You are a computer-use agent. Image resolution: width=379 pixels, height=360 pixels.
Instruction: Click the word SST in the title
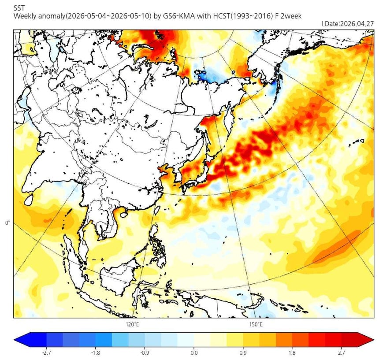(x=19, y=8)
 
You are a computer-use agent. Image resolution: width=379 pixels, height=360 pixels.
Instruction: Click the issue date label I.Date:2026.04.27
(x=348, y=24)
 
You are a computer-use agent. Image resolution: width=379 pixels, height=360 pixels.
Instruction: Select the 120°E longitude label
(x=132, y=324)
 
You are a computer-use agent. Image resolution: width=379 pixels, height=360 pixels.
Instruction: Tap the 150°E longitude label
(x=256, y=324)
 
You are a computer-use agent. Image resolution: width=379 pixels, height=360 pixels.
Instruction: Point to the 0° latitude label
(x=7, y=223)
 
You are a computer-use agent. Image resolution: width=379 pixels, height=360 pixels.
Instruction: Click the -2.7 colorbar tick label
(x=46, y=353)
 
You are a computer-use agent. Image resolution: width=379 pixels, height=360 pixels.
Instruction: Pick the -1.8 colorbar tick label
(x=96, y=353)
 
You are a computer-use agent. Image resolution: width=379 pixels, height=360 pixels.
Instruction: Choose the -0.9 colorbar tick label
(x=145, y=353)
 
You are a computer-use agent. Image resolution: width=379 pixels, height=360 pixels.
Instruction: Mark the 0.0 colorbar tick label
(x=194, y=353)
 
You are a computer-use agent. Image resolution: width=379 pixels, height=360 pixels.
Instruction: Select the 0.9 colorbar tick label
(x=243, y=353)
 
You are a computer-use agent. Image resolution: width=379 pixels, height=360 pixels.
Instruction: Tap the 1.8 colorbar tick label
(x=292, y=353)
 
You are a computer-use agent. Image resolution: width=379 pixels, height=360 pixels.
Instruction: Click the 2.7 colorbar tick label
(x=341, y=353)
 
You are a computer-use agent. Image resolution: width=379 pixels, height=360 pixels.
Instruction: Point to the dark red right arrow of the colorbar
(x=365, y=340)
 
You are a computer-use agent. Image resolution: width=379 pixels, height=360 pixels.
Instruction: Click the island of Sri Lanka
(x=29, y=200)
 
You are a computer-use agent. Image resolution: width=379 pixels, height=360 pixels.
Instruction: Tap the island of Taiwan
(x=157, y=210)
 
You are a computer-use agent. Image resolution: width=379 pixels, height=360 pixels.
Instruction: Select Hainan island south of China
(x=124, y=214)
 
